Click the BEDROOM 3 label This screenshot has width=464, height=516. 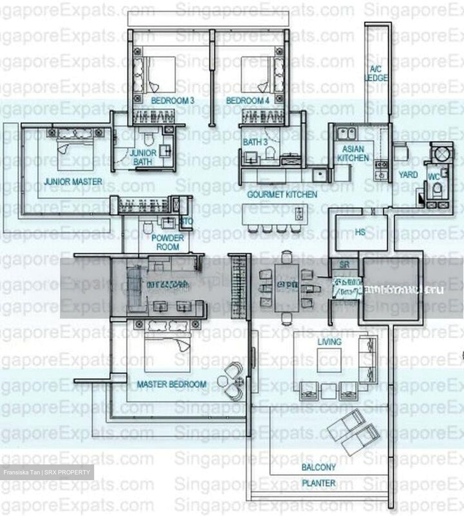coord(173,101)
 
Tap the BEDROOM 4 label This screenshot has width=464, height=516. coord(247,101)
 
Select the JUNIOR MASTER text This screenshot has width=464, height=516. coord(73,182)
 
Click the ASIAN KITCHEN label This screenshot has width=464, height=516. coord(353,153)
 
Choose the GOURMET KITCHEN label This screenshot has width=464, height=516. coord(282,195)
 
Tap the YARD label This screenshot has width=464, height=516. coord(408,175)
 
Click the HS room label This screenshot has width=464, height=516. coord(360,232)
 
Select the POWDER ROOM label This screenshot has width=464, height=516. coord(168,242)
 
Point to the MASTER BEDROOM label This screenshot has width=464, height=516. coord(172,384)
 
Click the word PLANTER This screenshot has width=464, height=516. coord(319,483)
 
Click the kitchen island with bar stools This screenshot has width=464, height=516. coord(274,214)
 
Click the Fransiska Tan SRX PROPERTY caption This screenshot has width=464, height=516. coord(47,472)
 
